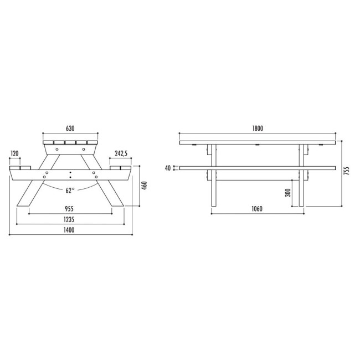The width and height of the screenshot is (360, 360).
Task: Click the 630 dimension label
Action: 70,128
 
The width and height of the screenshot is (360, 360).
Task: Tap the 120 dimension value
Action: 14,153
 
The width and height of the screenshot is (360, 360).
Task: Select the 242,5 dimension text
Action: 121,153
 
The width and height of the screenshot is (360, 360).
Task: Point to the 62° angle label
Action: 70,191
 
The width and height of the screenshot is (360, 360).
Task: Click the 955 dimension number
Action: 69,209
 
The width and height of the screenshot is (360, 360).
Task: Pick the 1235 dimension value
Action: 69,219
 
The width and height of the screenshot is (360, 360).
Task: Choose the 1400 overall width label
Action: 69,230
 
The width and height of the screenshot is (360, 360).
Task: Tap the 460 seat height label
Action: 145,186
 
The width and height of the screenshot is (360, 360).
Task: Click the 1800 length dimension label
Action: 258,128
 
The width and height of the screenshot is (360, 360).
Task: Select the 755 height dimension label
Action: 346,171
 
